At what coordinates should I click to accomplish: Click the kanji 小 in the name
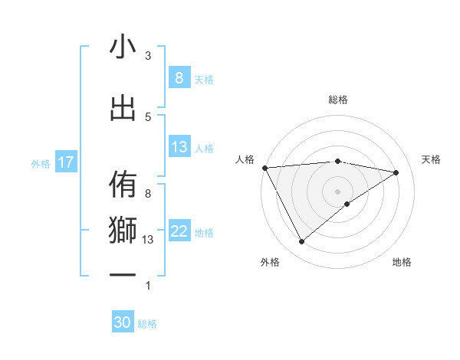(123, 47)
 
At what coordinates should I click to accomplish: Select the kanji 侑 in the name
(123, 185)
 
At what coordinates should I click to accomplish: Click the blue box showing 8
(179, 77)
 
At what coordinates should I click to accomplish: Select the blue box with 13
(179, 147)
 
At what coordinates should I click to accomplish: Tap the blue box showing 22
(179, 231)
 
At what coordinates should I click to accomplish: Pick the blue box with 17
(65, 162)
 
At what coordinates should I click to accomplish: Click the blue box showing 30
(123, 322)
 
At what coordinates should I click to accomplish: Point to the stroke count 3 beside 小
(148, 56)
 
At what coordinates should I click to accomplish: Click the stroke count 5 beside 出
(148, 116)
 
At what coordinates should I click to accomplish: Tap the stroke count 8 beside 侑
(148, 194)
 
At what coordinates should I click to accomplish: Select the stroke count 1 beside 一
(148, 286)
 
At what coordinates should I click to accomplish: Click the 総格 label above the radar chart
(338, 100)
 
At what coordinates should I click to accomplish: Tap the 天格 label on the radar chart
(432, 159)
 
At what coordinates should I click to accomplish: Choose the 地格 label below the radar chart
(402, 262)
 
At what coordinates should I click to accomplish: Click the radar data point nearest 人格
(264, 167)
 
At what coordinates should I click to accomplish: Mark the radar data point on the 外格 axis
(301, 242)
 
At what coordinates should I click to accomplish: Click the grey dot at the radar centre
(337, 191)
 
